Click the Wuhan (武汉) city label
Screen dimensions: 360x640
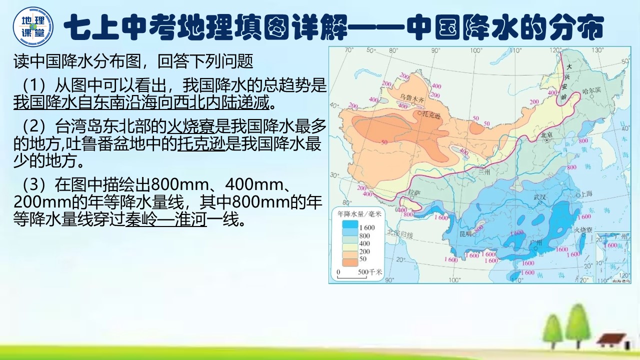coord(540,197)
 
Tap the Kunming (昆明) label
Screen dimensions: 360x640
coord(465,233)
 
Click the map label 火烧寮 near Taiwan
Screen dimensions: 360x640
coord(583,230)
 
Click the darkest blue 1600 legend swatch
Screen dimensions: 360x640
coord(350,226)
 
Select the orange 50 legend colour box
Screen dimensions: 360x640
coord(350,260)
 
